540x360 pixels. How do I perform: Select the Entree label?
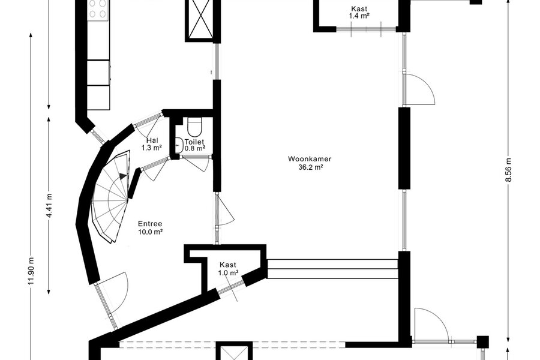coord(150,224)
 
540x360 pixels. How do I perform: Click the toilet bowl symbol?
coord(194,127)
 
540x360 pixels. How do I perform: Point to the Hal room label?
coord(152,140)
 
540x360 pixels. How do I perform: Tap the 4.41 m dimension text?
coord(50,205)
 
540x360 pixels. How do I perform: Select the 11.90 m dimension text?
coord(31,271)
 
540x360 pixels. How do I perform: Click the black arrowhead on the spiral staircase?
coord(123,176)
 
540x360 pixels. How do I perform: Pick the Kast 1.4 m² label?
coord(359,12)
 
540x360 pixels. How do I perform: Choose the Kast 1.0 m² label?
coord(228,269)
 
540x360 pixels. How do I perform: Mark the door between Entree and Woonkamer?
coord(225,210)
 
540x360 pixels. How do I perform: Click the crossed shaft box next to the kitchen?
coord(200,19)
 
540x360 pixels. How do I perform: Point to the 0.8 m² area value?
coord(195,148)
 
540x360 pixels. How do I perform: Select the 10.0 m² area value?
coord(150,232)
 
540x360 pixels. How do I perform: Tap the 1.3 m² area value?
coord(152,148)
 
